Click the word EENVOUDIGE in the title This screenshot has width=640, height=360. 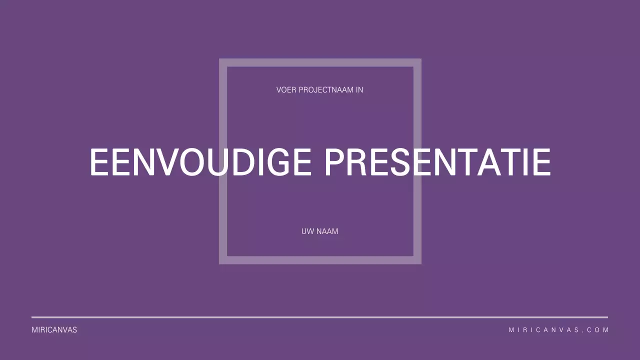click(200, 162)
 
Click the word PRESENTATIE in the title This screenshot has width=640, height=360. click(437, 162)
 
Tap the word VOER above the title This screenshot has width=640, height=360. click(286, 90)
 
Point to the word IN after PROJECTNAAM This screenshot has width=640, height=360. click(359, 90)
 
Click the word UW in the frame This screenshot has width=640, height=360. click(307, 231)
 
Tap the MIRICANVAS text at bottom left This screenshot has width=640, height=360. click(54, 330)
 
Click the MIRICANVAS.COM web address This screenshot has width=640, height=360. click(558, 330)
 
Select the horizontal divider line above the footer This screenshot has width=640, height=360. click(320, 317)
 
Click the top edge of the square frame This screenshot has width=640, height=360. click(320, 62)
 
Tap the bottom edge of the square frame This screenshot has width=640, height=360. click(320, 260)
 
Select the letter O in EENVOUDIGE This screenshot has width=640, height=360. click(192, 162)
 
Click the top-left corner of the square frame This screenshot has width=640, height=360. click(223, 62)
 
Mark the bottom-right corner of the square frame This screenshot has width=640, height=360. click(417, 260)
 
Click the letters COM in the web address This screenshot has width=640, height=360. click(598, 330)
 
